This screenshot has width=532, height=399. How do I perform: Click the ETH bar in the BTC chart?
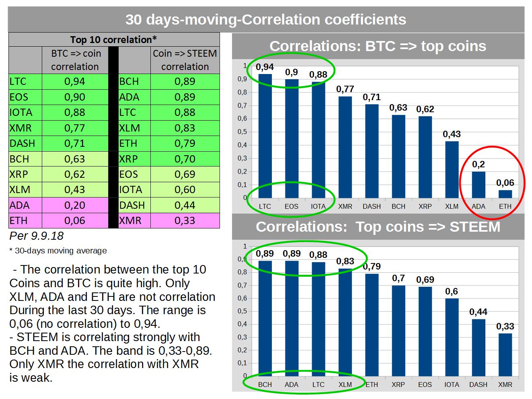coord(505,194)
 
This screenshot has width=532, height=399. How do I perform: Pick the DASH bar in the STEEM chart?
coord(478,348)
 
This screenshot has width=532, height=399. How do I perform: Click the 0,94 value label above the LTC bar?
coord(265,67)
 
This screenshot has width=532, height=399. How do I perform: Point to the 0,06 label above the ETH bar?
coord(505,183)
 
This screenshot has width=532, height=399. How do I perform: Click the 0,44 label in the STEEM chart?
coord(478,312)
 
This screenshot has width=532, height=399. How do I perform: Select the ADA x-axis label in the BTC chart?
coord(479,206)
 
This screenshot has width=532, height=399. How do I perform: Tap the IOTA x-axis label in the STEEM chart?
coord(452,385)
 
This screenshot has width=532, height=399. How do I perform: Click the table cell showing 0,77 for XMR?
coord(75,128)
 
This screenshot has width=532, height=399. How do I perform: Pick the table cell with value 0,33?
coord(185,220)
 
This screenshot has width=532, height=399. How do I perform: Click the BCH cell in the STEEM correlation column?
coord(134,82)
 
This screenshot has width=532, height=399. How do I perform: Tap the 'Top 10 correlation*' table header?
coord(113,39)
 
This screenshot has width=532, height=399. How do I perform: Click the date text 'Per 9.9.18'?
coord(37,236)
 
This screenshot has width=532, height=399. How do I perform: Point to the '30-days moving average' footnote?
coord(58,251)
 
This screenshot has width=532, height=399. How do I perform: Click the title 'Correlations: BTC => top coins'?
coord(378,46)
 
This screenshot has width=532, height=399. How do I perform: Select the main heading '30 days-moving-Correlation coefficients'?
coord(266,19)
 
